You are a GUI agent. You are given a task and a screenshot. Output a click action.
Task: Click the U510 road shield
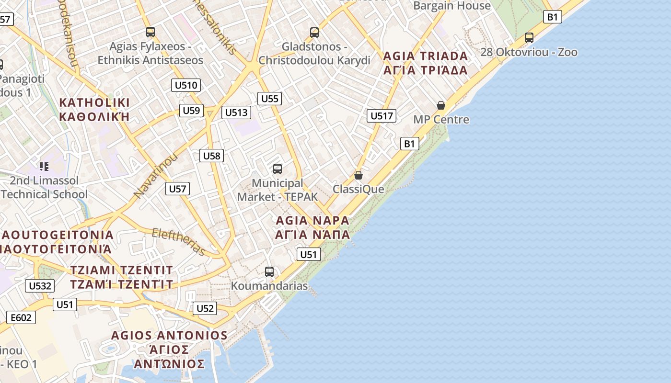[185, 86]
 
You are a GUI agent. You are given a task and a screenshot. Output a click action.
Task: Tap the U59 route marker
[191, 111]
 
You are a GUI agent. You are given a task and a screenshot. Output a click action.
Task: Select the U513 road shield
[236, 113]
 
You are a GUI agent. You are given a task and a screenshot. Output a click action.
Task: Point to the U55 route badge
[269, 99]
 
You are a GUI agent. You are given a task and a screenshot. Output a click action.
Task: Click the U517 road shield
[382, 115]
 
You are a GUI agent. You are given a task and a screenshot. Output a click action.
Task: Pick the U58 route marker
[211, 156]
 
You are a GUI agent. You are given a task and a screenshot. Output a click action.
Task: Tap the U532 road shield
[40, 286]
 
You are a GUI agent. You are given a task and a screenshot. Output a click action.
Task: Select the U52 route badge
[205, 308]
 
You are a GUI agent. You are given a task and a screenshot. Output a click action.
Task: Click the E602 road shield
[21, 317]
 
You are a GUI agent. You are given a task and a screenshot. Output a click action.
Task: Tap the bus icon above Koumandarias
[269, 272]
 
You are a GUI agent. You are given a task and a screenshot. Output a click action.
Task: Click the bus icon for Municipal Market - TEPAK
[278, 169]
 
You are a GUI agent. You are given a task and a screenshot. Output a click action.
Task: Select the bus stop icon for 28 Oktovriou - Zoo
[529, 37]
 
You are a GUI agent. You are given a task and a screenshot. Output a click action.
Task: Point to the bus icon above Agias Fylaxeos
[150, 32]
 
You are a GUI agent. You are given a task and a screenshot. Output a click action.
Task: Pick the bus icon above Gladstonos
[314, 32]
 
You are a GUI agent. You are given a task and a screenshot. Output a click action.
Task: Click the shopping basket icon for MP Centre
[441, 105]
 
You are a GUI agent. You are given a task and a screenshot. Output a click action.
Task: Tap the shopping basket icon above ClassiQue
[358, 175]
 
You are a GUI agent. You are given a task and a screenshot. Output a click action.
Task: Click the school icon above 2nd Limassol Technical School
[44, 167]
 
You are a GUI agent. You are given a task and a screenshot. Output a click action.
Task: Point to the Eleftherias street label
[178, 242]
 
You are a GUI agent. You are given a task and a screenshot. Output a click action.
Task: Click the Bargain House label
[451, 6]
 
